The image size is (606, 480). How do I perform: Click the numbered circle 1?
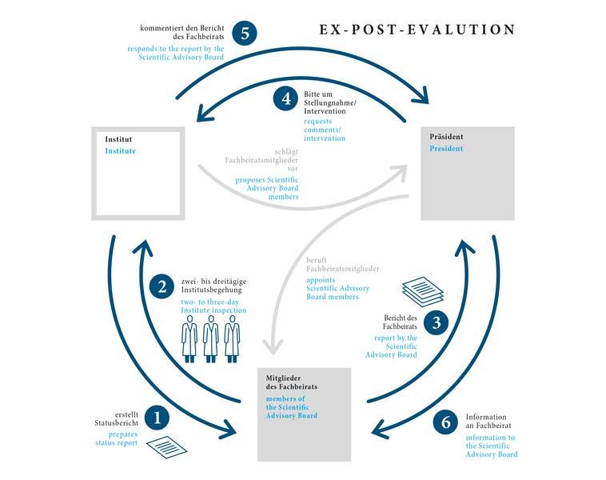(156, 417)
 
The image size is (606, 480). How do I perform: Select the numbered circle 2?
(162, 286)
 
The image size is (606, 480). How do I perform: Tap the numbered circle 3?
(436, 322)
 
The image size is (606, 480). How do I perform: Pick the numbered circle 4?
(285, 99)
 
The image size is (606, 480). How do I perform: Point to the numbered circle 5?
(244, 34)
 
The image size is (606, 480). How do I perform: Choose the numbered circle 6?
(445, 422)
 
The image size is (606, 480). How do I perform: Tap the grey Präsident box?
(468, 172)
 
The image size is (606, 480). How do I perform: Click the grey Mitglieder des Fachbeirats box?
(305, 414)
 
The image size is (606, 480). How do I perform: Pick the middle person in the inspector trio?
(210, 338)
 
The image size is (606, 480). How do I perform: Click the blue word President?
(446, 149)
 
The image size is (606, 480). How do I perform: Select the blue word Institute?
(121, 150)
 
